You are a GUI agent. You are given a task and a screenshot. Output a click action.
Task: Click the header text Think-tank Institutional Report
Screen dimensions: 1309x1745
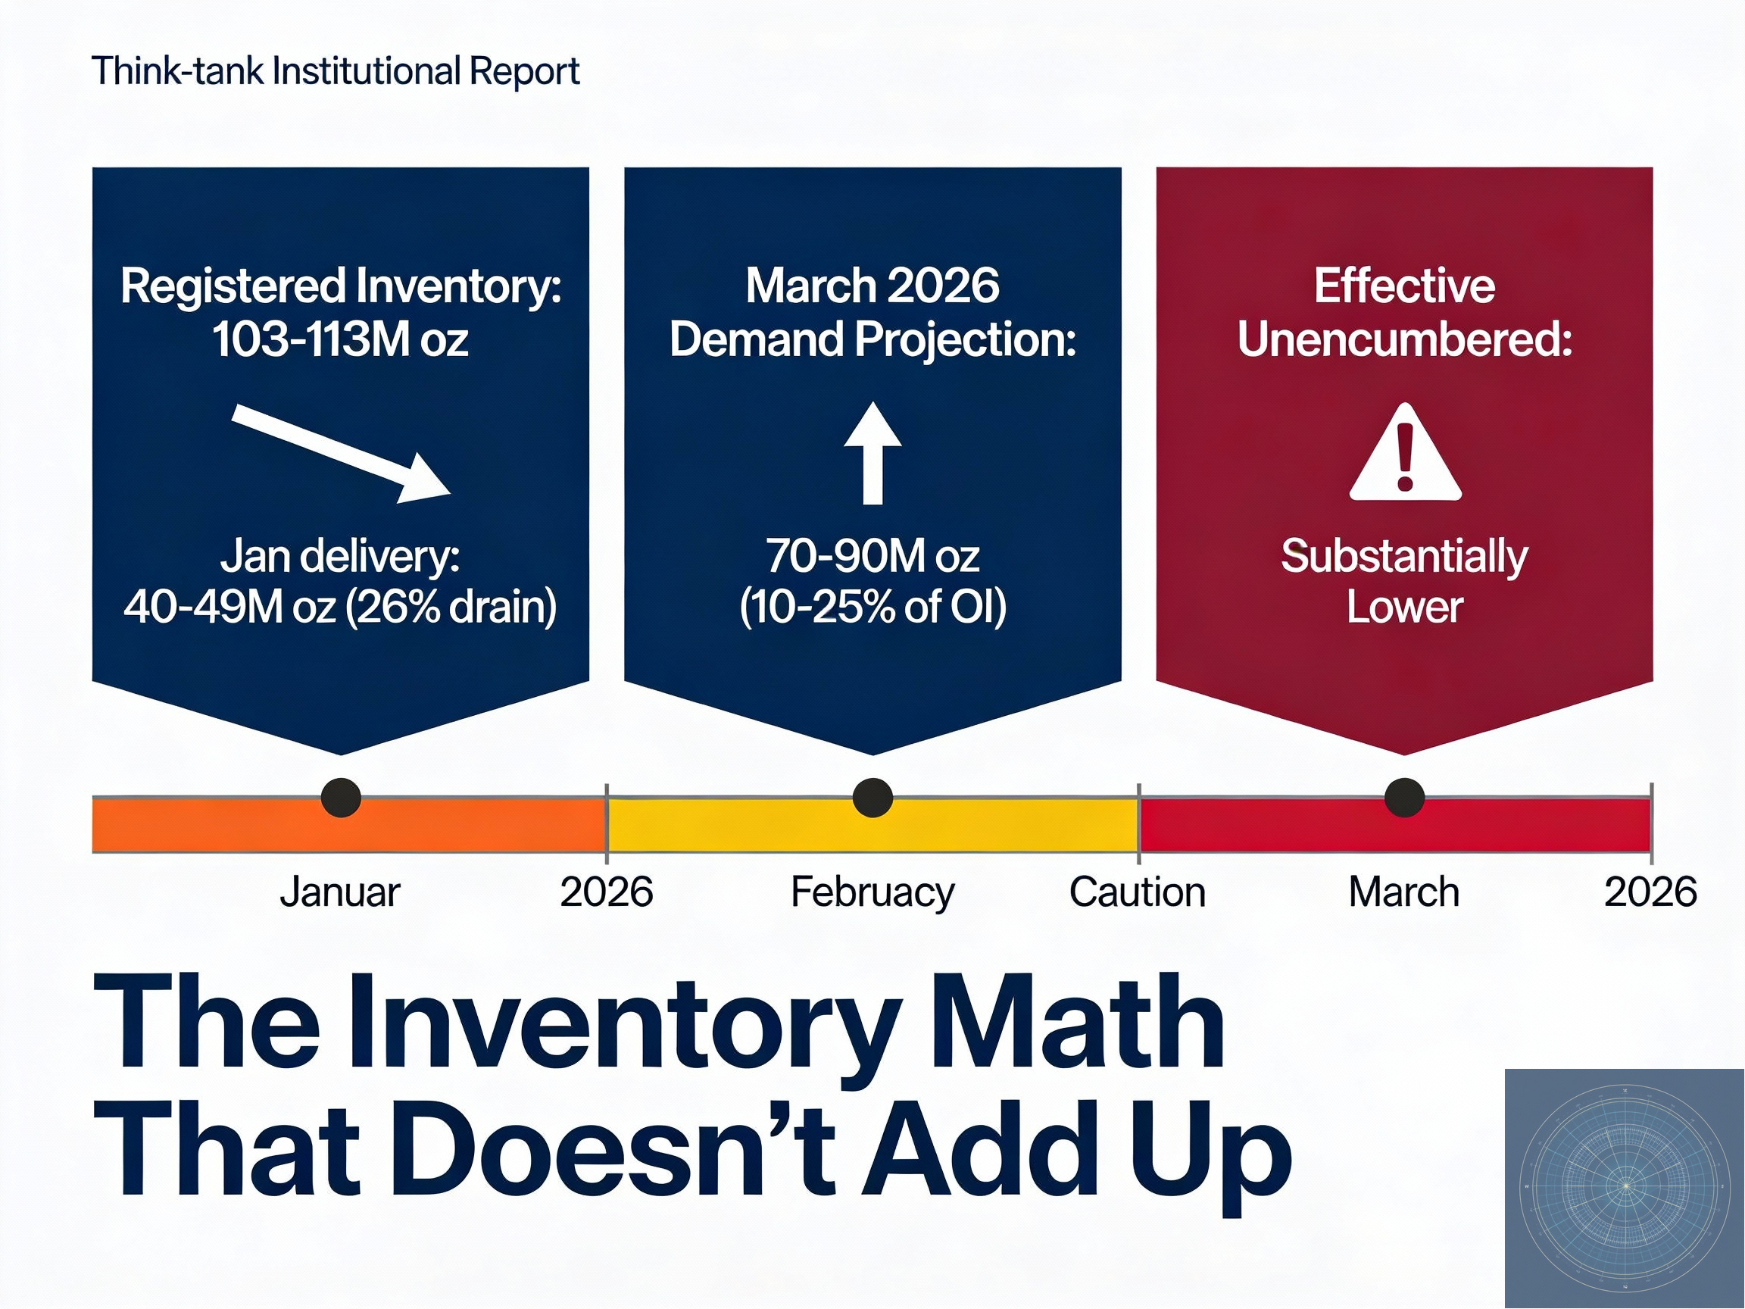336,71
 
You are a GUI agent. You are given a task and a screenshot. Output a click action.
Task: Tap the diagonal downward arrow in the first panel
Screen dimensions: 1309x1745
342,453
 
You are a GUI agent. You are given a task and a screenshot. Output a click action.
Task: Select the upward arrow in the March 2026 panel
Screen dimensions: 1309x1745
872,453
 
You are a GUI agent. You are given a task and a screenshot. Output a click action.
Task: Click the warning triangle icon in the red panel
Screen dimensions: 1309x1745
1405,455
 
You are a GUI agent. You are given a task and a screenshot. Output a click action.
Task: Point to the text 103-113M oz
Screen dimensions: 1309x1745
340,340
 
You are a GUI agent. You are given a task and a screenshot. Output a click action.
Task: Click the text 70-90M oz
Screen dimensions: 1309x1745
872,556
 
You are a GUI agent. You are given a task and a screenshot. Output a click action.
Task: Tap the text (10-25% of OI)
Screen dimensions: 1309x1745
872,607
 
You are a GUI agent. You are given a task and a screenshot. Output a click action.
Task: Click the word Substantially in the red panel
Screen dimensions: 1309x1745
1404,556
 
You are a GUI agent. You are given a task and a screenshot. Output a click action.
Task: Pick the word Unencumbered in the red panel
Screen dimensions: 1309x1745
1404,340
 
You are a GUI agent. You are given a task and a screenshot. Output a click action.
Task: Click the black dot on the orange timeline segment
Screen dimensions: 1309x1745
341,797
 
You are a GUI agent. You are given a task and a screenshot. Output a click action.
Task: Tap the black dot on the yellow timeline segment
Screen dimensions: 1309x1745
872,797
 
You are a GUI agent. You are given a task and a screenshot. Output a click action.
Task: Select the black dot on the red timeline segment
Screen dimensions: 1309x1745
1404,797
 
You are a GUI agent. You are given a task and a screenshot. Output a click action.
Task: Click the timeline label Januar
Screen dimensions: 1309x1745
340,892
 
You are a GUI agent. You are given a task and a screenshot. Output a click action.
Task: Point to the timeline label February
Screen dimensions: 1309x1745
872,892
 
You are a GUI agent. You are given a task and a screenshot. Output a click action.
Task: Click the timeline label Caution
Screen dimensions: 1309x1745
1137,892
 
